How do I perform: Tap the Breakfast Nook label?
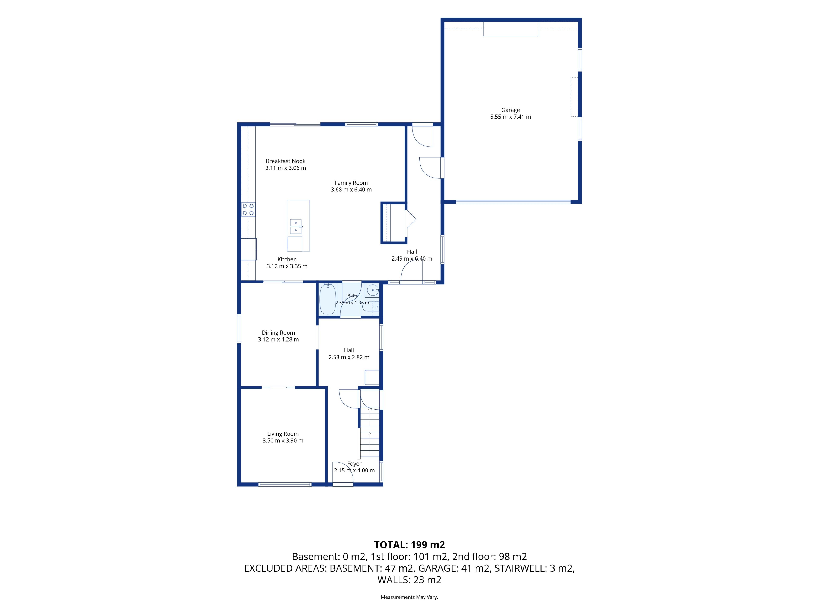point(285,161)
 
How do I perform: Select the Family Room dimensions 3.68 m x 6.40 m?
point(351,190)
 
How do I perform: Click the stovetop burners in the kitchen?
point(248,210)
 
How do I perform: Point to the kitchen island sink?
point(296,226)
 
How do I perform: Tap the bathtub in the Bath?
point(328,299)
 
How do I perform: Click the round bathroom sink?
point(372,290)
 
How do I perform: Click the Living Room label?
point(283,434)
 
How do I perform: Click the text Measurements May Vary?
point(409,597)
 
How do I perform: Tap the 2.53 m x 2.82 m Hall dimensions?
point(349,357)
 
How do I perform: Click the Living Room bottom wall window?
point(285,484)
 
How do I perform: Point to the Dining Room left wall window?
point(239,329)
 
